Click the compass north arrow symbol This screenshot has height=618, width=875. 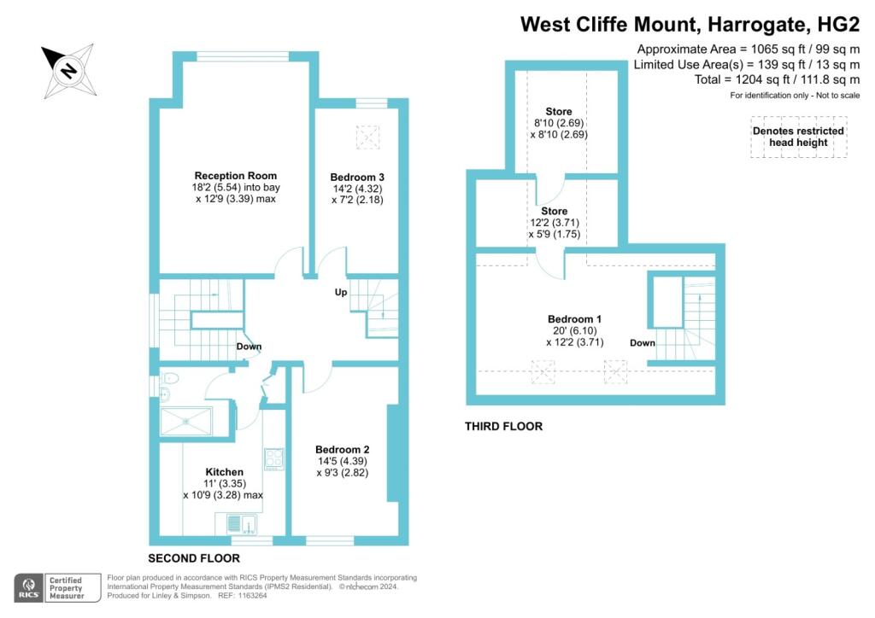click(x=68, y=71)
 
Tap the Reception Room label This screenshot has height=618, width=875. click(x=236, y=176)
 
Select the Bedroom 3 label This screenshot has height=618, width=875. click(x=357, y=178)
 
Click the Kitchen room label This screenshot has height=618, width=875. click(x=225, y=472)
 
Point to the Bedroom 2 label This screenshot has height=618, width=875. click(x=342, y=450)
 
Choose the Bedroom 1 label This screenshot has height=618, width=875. click(x=574, y=319)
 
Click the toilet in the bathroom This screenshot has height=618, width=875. click(x=169, y=378)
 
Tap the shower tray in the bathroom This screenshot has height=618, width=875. click(x=185, y=422)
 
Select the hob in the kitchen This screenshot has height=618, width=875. click(x=274, y=458)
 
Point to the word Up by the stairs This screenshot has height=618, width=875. click(x=341, y=292)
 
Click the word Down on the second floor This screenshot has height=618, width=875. click(x=249, y=347)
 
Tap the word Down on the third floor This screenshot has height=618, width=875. click(x=643, y=342)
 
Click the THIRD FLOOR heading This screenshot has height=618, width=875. click(x=503, y=426)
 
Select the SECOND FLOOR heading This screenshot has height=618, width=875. click(x=194, y=558)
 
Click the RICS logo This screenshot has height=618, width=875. click(x=29, y=588)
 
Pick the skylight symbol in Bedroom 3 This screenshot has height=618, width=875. click(x=367, y=137)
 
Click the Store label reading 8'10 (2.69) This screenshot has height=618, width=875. click(x=559, y=123)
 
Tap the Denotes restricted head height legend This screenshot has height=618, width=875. click(x=799, y=137)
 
